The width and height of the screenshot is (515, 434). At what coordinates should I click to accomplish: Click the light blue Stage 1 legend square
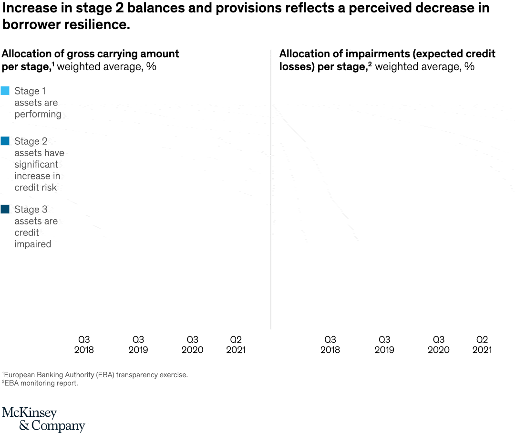coord(5,91)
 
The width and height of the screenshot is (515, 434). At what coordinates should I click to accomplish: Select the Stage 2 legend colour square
coord(5,141)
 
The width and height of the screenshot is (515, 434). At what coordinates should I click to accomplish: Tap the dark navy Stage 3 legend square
coord(5,209)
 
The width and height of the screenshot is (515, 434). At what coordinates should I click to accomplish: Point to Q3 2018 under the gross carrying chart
coord(84,345)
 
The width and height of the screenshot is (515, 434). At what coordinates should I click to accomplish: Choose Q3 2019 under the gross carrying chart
coord(138,345)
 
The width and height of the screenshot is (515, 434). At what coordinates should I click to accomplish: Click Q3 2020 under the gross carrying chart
coord(192,345)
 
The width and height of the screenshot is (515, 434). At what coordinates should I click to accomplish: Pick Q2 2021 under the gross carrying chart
coord(236,345)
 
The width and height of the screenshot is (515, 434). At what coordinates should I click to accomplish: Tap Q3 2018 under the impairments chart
coord(330,345)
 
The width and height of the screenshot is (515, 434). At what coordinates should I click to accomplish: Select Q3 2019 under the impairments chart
coord(384,345)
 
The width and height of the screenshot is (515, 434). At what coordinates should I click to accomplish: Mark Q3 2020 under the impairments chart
coord(438,345)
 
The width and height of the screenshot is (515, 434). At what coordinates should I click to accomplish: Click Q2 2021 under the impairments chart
coord(482,345)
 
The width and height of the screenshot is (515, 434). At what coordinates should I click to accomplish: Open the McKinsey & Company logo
coord(43,419)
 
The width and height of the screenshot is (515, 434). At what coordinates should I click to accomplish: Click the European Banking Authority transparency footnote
coord(95,375)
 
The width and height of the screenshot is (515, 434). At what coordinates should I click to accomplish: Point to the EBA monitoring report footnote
coord(40,383)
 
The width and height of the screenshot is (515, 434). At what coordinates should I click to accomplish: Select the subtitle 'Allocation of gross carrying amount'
coord(91,54)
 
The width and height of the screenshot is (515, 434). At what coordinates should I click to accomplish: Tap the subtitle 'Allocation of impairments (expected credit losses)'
coord(387,60)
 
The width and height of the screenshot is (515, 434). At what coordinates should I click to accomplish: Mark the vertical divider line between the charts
coord(271,191)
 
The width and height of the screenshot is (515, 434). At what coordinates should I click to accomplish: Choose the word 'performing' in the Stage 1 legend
coord(38,114)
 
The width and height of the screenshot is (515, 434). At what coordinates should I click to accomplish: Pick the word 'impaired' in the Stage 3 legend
coord(33,244)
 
